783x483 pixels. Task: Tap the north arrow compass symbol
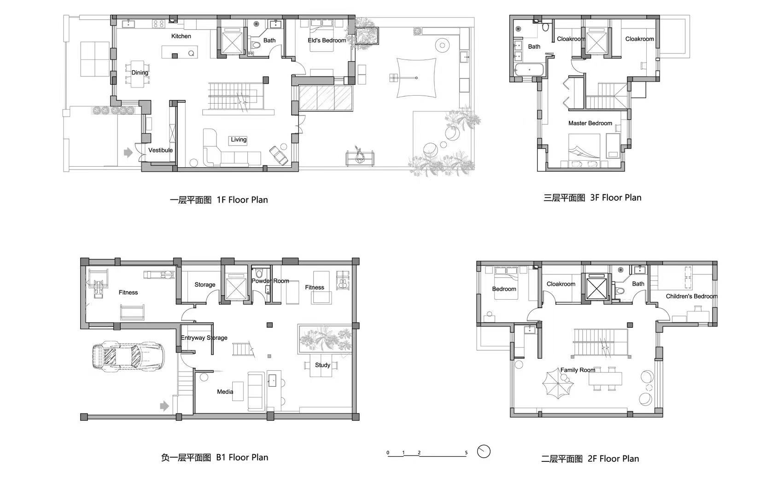click(x=484, y=451)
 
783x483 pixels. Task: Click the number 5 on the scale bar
click(x=466, y=453)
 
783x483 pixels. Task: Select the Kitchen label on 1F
click(x=181, y=36)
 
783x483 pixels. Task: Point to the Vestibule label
click(x=160, y=150)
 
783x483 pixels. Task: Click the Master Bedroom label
click(x=590, y=123)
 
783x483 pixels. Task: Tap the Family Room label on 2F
click(x=578, y=370)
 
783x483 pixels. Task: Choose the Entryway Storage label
click(x=204, y=338)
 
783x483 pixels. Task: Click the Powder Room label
click(x=270, y=281)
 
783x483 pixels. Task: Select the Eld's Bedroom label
click(x=327, y=40)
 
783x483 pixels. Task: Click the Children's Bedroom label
click(x=691, y=296)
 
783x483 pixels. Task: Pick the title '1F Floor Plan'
click(x=242, y=199)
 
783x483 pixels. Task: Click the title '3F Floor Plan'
click(x=615, y=198)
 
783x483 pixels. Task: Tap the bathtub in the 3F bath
click(x=529, y=70)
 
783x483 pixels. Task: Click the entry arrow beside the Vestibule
click(x=129, y=152)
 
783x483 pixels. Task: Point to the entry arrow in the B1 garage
click(x=164, y=406)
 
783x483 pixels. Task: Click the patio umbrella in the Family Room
click(x=558, y=384)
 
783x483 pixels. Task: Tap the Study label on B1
click(x=322, y=365)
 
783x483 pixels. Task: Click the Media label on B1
click(x=225, y=392)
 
